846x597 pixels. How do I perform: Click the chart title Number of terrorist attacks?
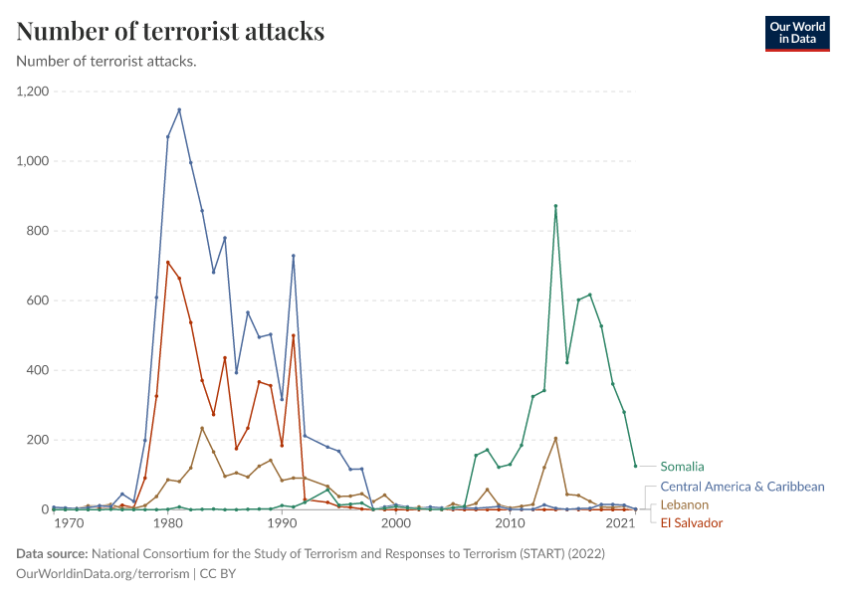170,31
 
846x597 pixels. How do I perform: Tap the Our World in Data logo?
796,33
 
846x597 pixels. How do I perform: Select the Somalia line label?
682,466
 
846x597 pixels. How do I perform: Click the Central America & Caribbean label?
742,487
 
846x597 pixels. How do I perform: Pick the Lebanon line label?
684,504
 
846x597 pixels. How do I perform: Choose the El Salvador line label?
692,522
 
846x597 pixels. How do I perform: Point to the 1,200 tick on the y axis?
34,92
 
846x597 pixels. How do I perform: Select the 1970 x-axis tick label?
69,523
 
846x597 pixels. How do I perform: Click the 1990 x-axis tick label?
283,523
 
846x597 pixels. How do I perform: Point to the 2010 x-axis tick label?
511,523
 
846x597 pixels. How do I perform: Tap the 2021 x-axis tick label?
621,523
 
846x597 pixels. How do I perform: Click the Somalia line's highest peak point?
555,206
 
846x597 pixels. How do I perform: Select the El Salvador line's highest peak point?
168,263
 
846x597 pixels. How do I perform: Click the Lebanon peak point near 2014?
555,438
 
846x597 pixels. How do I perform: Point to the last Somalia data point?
635,466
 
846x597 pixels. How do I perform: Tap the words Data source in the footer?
52,553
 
